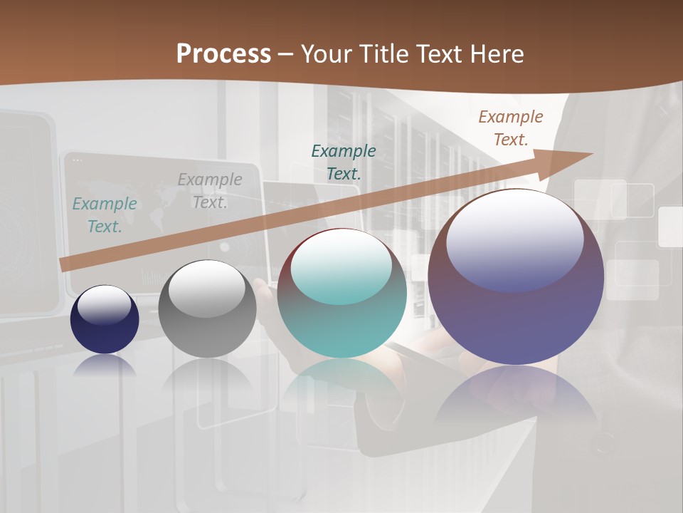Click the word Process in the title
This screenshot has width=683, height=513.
(223, 54)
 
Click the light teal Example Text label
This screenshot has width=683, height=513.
(105, 215)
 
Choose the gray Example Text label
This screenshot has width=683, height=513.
(210, 191)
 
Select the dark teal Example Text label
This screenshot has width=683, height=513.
(344, 162)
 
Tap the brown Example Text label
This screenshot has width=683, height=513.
(511, 128)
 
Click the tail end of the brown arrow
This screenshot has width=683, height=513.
(64, 265)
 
